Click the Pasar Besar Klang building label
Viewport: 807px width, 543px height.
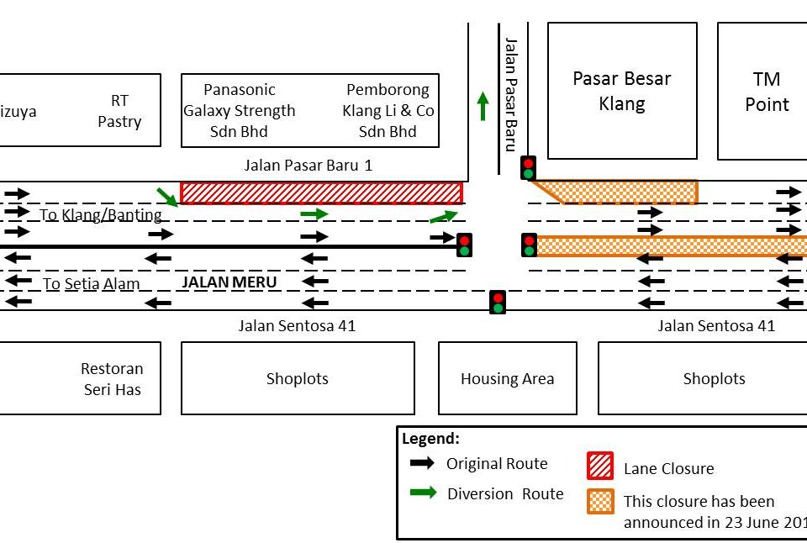click(622, 91)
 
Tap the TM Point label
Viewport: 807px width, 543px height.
click(767, 91)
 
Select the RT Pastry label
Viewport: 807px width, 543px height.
click(119, 111)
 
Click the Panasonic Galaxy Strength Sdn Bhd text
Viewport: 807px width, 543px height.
click(240, 110)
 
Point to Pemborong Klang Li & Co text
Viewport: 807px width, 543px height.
click(388, 110)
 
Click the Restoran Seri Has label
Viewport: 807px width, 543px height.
click(112, 378)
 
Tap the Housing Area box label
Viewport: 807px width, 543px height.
click(508, 378)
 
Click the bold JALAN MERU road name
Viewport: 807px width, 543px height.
click(229, 282)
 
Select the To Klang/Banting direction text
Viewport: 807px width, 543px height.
click(100, 215)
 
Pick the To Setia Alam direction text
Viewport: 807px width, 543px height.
click(92, 284)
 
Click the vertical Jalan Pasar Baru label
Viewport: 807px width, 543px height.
click(509, 93)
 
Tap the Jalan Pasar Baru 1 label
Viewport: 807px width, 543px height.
click(308, 166)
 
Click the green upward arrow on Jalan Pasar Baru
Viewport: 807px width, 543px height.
click(483, 106)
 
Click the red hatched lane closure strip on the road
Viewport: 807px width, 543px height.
click(321, 192)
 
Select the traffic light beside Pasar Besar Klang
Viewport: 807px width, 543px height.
click(529, 167)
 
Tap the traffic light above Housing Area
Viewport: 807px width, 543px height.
click(498, 302)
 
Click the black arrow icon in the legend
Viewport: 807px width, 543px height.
click(422, 463)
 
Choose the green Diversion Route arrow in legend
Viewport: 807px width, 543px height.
click(422, 493)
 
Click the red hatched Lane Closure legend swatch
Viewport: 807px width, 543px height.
click(599, 467)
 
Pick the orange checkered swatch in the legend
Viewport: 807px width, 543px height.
click(599, 501)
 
